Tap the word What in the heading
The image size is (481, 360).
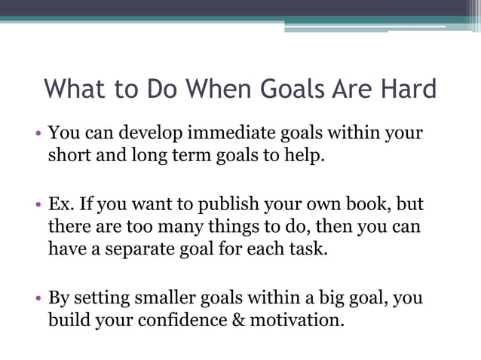click(x=75, y=90)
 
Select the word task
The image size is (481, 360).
click(x=312, y=248)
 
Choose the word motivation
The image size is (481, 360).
click(x=295, y=319)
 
